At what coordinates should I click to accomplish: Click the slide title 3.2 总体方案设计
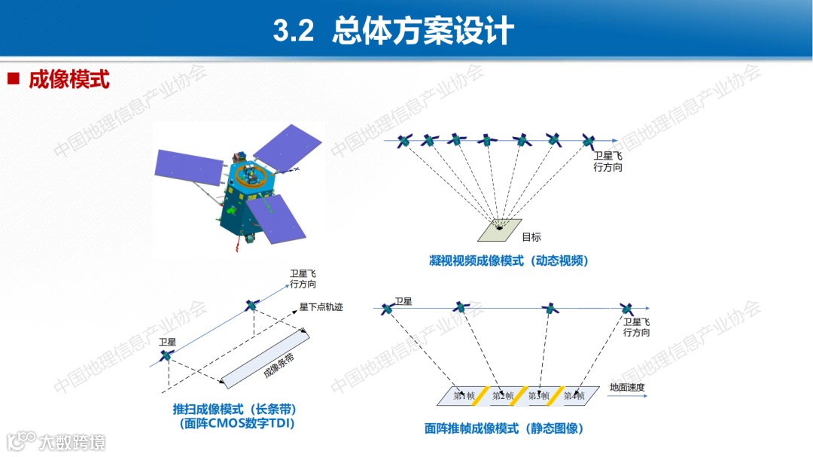click(393, 31)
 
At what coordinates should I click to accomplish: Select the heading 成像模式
click(69, 80)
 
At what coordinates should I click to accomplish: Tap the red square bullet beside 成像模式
click(13, 78)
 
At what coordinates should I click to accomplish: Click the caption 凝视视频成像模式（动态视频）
click(508, 261)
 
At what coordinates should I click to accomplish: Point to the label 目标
click(531, 237)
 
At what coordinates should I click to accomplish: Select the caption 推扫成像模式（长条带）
click(234, 409)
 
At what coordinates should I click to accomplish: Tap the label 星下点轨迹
click(321, 307)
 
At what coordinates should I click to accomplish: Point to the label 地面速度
click(627, 388)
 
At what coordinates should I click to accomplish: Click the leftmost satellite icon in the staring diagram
click(405, 141)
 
